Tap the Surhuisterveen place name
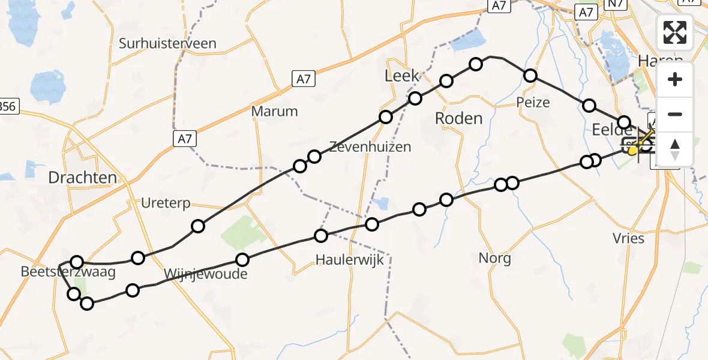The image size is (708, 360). coord(167,43)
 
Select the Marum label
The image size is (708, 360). coord(275,111)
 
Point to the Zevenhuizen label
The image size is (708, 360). coord(370,146)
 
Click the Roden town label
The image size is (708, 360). coord(458,118)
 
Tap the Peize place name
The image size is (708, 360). coord(533,103)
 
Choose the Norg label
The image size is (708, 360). coord(495,258)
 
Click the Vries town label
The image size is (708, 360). coord(629,238)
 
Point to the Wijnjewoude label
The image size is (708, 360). coord(205,275)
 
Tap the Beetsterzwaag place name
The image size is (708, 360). coord(68,272)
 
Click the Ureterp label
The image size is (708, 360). coord(166,203)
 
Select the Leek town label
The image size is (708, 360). coord(401,76)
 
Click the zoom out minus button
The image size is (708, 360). coord(675,114)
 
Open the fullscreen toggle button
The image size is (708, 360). coord(675,32)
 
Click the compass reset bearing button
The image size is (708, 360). coord(675,149)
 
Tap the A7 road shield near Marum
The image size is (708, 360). coord(185,139)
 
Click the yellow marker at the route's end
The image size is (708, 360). coord(632,151)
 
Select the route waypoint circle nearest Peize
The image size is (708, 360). coord(530,75)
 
